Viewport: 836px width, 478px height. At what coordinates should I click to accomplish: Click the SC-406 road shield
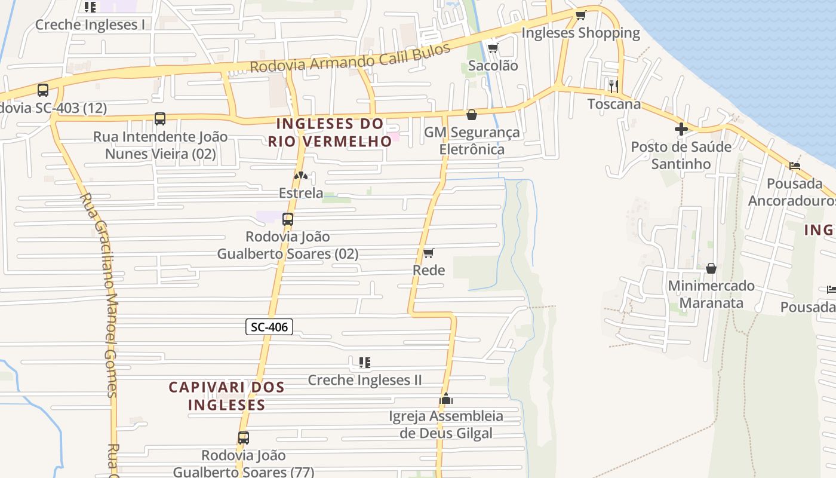point(269,327)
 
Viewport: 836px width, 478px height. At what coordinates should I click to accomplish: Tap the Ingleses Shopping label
point(580,33)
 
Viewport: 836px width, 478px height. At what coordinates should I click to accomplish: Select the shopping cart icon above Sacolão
point(493,48)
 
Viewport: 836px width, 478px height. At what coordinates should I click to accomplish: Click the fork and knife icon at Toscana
point(613,86)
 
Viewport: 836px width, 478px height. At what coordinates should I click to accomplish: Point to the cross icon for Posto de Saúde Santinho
point(681,129)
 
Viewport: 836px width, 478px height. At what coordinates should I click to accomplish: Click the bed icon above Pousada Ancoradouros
point(794,166)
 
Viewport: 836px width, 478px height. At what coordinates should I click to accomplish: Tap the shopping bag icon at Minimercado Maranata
point(711,268)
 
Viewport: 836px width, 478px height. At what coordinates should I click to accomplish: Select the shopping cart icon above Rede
point(428,253)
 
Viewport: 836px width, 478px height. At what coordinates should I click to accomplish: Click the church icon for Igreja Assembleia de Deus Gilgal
point(446,399)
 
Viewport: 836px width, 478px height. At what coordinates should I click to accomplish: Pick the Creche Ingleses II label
point(364,380)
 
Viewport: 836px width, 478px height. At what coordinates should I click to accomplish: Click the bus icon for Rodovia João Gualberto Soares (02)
point(288,219)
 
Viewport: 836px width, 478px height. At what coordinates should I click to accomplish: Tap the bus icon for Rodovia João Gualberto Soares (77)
point(243,438)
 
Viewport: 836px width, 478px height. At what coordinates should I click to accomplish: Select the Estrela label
point(301,193)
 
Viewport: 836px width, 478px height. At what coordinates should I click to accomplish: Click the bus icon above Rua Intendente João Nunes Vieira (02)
point(160,119)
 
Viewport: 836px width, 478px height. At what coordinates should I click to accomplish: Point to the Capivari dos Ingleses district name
point(226,396)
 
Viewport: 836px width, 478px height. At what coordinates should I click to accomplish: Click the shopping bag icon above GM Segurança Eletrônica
point(472,115)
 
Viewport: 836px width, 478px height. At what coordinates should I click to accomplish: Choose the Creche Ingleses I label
point(90,25)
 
